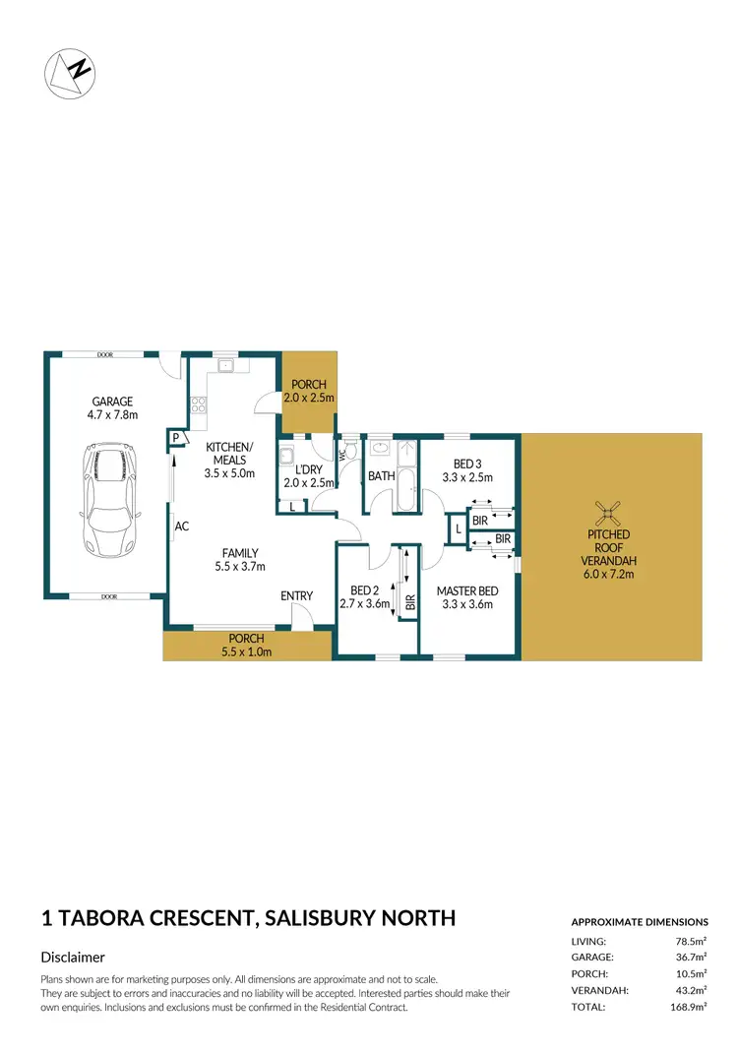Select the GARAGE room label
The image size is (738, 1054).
point(112,402)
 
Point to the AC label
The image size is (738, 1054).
point(181,527)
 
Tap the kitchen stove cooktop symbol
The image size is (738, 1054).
point(197,404)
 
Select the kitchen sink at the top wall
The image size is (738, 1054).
point(225,366)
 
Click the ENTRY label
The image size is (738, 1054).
point(296,595)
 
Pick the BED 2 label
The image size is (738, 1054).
point(365,590)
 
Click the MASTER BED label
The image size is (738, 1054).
point(467,590)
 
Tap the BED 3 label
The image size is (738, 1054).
point(467,464)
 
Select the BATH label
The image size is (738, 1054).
point(381,476)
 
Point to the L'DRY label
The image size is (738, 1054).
point(303,469)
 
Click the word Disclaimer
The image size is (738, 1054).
point(73,957)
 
